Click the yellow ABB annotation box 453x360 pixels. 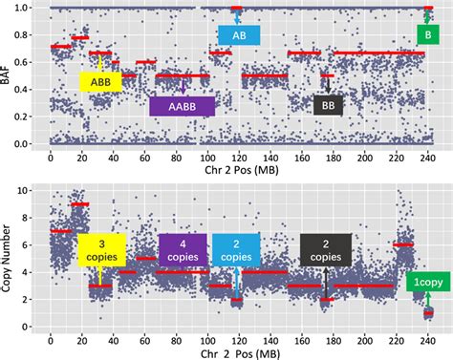click(100, 81)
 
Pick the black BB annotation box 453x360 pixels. click(328, 105)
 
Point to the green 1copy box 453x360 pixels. click(427, 282)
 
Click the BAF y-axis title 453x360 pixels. click(9, 75)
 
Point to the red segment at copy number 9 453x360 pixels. click(80, 204)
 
